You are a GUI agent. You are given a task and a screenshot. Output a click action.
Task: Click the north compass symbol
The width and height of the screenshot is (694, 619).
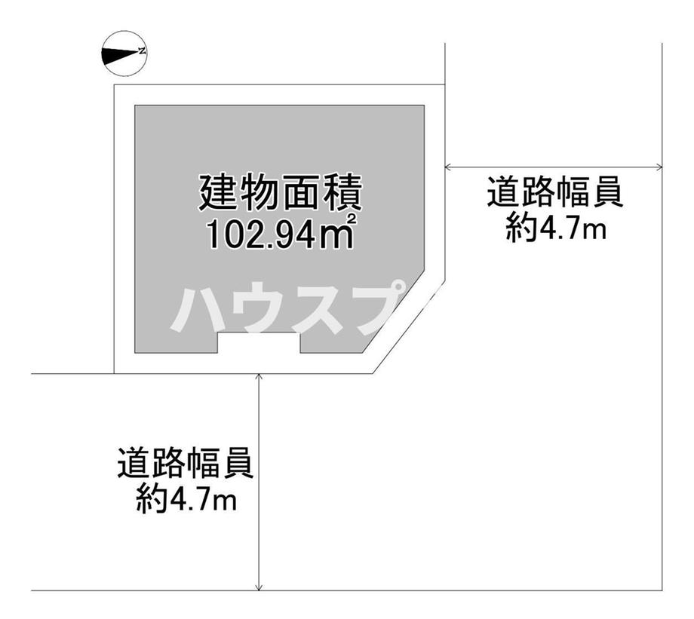pyautogui.click(x=124, y=53)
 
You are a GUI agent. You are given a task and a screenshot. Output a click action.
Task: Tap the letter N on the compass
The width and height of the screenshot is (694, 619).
pyautogui.click(x=142, y=51)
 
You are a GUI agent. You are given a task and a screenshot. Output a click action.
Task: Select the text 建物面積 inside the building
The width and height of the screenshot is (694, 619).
pyautogui.click(x=281, y=193)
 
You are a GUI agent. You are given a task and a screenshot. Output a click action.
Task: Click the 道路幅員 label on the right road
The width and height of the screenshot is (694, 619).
pyautogui.click(x=555, y=192)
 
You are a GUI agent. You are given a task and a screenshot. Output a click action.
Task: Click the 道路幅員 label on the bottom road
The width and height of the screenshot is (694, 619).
pyautogui.click(x=186, y=463)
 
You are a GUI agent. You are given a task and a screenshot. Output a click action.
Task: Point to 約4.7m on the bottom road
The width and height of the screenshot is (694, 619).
pyautogui.click(x=186, y=498)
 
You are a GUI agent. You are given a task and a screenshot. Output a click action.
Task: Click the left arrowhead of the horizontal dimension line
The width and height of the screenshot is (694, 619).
pyautogui.click(x=448, y=167)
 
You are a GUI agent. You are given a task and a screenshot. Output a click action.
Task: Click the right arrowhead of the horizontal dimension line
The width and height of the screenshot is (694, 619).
pyautogui.click(x=659, y=167)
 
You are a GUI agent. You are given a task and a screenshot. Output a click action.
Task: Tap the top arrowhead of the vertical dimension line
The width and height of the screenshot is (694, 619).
pyautogui.click(x=259, y=378)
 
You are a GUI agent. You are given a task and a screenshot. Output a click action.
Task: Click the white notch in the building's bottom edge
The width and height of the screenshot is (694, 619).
pyautogui.click(x=259, y=342)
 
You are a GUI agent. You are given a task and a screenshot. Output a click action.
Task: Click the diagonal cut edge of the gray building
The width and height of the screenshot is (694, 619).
pyautogui.click(x=394, y=311)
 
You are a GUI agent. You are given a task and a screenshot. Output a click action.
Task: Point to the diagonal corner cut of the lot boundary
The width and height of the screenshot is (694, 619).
pyautogui.click(x=409, y=326)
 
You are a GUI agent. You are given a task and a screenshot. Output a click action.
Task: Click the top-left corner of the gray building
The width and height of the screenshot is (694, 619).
pyautogui.click(x=135, y=106)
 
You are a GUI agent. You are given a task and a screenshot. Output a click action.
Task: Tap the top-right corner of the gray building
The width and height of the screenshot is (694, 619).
pyautogui.click(x=425, y=106)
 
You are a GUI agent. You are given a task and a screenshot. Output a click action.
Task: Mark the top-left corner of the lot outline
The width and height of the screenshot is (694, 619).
pyautogui.click(x=115, y=84)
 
